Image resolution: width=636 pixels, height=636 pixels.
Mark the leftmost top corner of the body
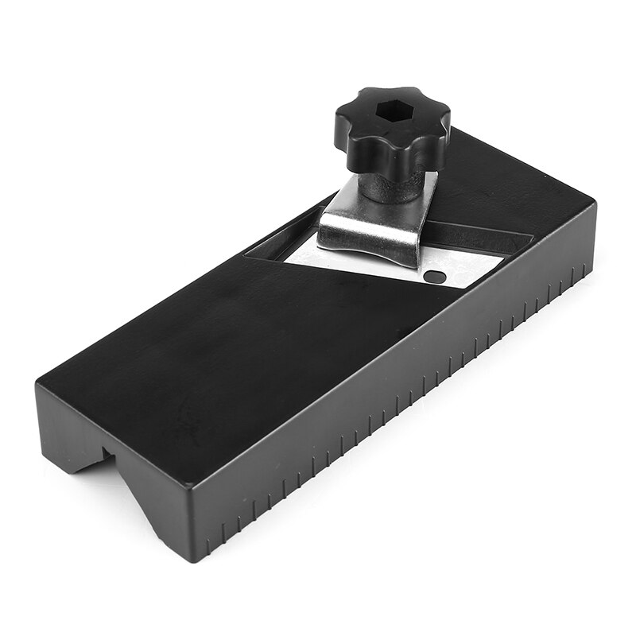click(37, 386)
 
